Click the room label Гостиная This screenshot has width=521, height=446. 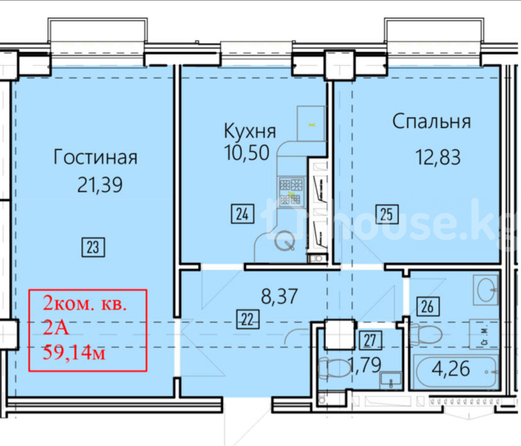pyautogui.click(x=96, y=157)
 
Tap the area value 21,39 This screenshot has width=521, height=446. pyautogui.click(x=100, y=185)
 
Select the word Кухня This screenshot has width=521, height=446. pyautogui.click(x=250, y=131)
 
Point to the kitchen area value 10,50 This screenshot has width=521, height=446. pyautogui.click(x=247, y=153)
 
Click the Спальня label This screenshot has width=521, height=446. pyautogui.click(x=432, y=121)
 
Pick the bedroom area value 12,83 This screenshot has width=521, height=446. pyautogui.click(x=438, y=157)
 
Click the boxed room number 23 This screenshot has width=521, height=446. pyautogui.click(x=93, y=247)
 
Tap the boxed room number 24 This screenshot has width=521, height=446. pyautogui.click(x=243, y=214)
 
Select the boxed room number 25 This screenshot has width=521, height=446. pyautogui.click(x=387, y=214)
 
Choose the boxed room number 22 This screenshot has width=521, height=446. pyautogui.click(x=248, y=320)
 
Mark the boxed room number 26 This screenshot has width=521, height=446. pyautogui.click(x=428, y=306)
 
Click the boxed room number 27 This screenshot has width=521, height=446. pyautogui.click(x=370, y=340)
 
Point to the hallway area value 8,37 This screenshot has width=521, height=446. pyautogui.click(x=279, y=296)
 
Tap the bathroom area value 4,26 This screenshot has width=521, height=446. pyautogui.click(x=451, y=369)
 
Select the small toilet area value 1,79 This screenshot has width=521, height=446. pyautogui.click(x=365, y=365)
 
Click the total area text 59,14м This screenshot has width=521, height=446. pyautogui.click(x=74, y=352)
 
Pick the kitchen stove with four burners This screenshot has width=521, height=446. pyautogui.click(x=291, y=191)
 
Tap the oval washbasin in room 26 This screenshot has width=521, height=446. pyautogui.click(x=486, y=290)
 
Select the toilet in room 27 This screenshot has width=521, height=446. pyautogui.click(x=334, y=368)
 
